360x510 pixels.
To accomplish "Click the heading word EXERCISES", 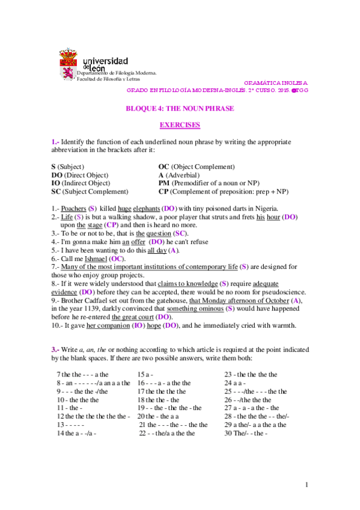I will [x=179, y=125].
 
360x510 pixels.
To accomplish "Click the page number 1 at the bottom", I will [x=306, y=485].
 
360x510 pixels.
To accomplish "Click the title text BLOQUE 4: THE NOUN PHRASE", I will [x=179, y=108].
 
